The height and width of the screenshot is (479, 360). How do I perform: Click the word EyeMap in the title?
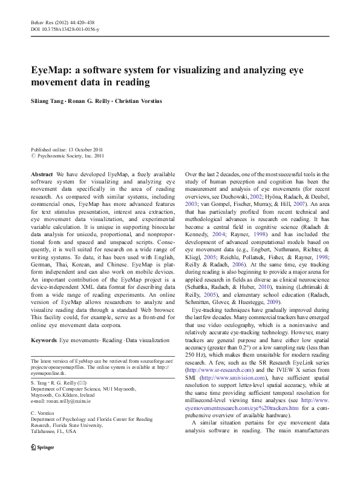[x=51, y=70]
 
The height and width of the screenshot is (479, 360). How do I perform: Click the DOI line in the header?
[x=65, y=29]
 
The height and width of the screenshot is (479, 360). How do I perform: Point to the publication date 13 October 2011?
[x=86, y=149]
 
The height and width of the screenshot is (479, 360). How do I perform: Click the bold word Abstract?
[x=42, y=174]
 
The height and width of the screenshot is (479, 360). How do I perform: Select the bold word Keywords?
[x=44, y=341]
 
